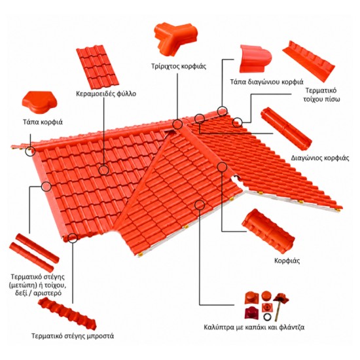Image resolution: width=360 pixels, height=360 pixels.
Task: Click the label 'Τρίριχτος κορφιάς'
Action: point(179,67)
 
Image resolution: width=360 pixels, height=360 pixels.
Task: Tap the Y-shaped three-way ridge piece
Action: point(175,39)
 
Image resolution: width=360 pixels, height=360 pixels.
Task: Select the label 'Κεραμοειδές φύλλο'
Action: point(106,94)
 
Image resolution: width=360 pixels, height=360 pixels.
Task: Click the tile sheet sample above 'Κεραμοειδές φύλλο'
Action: point(98,67)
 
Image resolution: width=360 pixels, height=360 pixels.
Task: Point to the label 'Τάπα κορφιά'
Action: point(43,122)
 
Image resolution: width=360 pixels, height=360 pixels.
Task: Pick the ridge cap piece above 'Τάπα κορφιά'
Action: point(40,102)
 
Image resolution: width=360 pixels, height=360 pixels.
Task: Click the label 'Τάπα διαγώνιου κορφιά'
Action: point(267,82)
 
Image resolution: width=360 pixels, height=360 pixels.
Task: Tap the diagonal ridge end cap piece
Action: point(255,59)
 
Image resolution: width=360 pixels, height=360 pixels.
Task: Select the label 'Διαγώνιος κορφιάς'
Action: point(320,158)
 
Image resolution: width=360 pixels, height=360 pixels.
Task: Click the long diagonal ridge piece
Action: point(287,128)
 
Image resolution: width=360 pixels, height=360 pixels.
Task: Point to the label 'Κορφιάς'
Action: point(287,261)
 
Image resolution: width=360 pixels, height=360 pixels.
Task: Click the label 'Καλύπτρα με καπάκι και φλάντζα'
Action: point(254,327)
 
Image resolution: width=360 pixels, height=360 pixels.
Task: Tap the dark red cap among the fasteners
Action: point(251,312)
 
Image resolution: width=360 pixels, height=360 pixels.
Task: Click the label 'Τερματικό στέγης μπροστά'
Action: point(73,336)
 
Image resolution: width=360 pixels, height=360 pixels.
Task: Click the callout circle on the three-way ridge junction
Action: point(177,124)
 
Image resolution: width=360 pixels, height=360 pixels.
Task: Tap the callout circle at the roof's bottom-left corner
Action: point(73,238)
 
